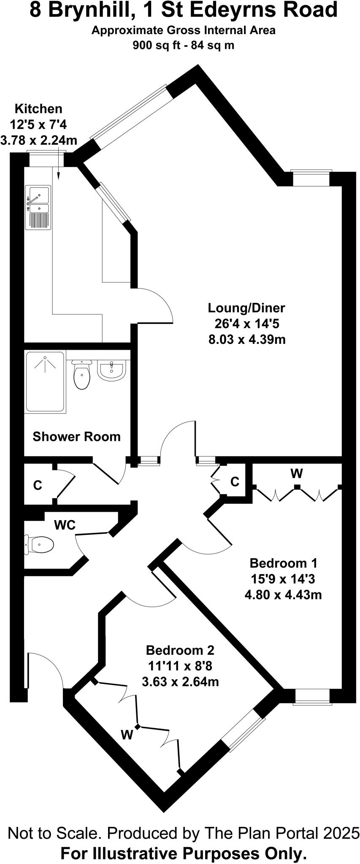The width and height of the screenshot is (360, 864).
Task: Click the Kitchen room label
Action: click(38, 109)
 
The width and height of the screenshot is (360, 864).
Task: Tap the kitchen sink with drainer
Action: click(38, 208)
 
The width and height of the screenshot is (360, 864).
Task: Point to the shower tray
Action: click(45, 382)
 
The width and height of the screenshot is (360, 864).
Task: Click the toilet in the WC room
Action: click(41, 544)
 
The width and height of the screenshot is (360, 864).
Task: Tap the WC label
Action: click(65, 525)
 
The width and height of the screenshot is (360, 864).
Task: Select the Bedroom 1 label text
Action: click(283, 563)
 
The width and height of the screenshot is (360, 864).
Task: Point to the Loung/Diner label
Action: click(246, 308)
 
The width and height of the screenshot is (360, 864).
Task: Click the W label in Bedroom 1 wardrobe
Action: click(297, 473)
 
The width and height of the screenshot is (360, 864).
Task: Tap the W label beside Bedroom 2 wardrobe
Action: click(127, 735)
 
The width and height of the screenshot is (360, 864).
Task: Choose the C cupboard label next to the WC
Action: click(38, 486)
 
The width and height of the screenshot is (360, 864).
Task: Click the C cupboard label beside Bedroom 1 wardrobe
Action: click(235, 481)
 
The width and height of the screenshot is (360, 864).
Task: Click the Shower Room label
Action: click(76, 436)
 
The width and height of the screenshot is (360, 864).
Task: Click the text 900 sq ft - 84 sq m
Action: click(184, 45)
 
